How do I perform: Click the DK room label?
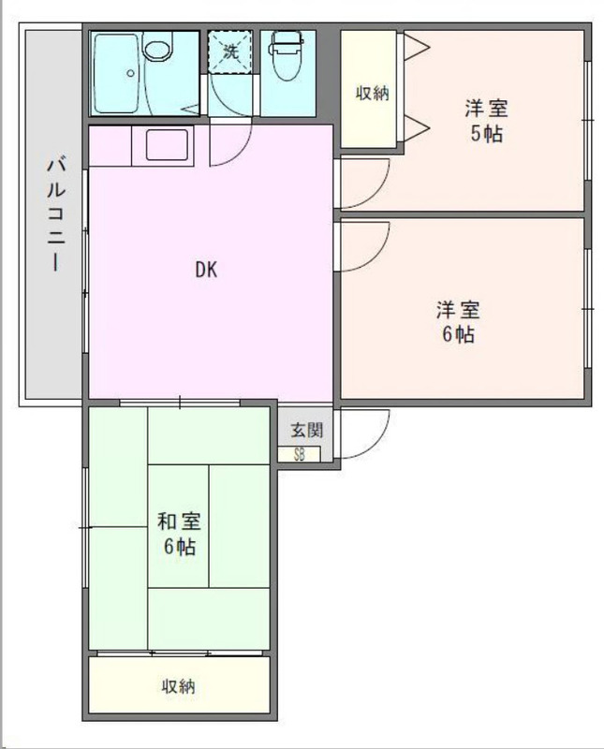click(206, 271)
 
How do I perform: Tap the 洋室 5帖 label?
click(486, 121)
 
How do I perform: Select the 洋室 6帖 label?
click(458, 322)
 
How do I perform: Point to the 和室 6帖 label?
click(180, 534)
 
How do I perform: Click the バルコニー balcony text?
click(56, 215)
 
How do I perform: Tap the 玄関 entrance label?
click(307, 431)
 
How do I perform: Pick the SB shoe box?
click(300, 454)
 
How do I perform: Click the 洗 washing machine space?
click(230, 51)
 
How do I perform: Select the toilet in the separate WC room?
click(286, 55)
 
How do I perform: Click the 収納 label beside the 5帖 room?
click(373, 93)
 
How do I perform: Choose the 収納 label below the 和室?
click(178, 686)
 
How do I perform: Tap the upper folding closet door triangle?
click(417, 47)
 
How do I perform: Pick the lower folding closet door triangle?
click(417, 128)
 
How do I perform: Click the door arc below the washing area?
click(240, 152)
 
